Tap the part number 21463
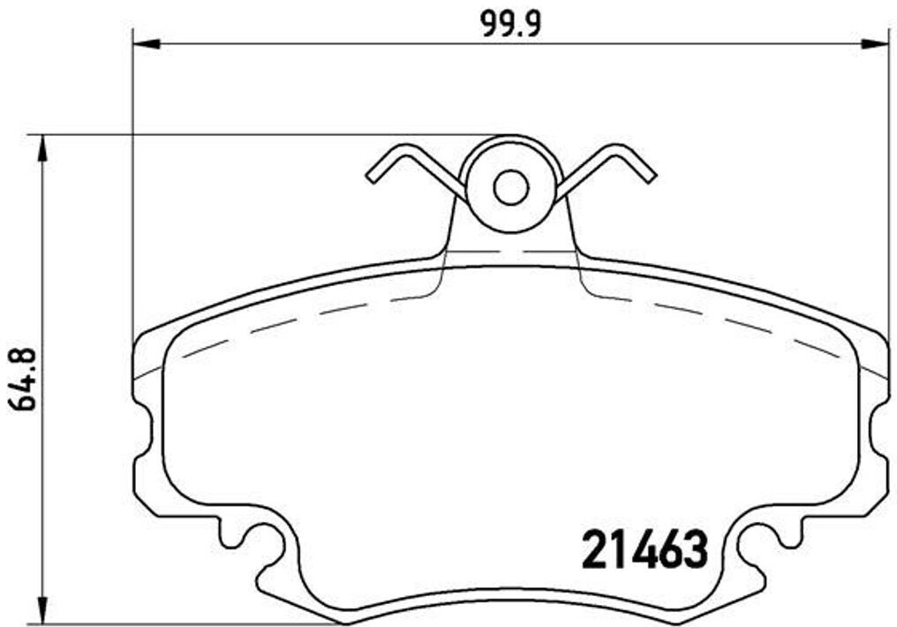tap(645, 551)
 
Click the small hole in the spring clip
tap(510, 187)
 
